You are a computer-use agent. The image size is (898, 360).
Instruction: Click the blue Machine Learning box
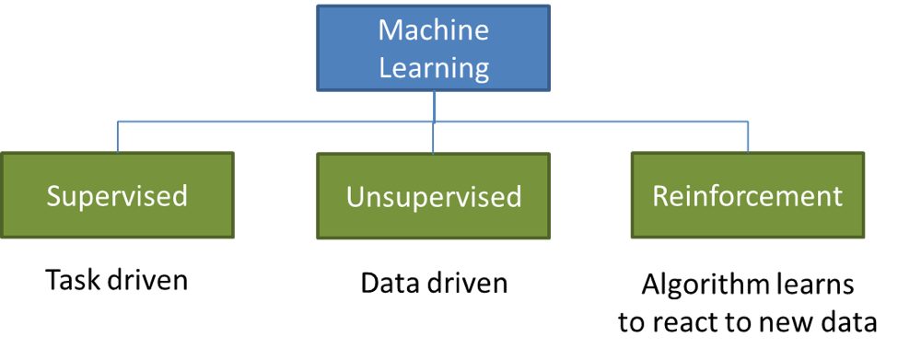[x=434, y=50]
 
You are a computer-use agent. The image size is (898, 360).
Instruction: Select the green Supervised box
[x=117, y=195]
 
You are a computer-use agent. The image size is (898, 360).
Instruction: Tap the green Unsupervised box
[x=433, y=196]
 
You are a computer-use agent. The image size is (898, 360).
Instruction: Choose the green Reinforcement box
[x=747, y=195]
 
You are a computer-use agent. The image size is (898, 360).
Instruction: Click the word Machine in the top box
[x=433, y=30]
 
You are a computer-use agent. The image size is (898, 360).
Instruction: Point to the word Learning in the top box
[x=433, y=68]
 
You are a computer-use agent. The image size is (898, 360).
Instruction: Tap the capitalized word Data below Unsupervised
[x=390, y=283]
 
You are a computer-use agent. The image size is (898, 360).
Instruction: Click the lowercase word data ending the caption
[x=847, y=322]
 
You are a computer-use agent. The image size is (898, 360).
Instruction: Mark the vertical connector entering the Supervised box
[x=117, y=136]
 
